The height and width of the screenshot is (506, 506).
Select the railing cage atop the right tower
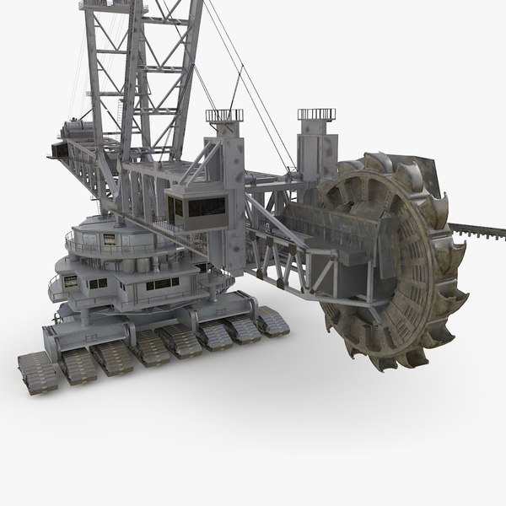[x=314, y=113]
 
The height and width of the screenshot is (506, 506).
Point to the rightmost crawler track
[x=271, y=321]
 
